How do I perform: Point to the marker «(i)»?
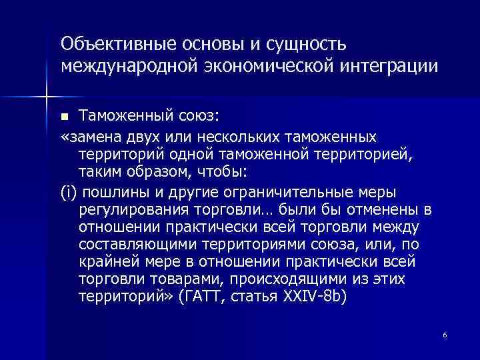[x=69, y=193]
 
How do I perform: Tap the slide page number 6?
[x=444, y=335]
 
